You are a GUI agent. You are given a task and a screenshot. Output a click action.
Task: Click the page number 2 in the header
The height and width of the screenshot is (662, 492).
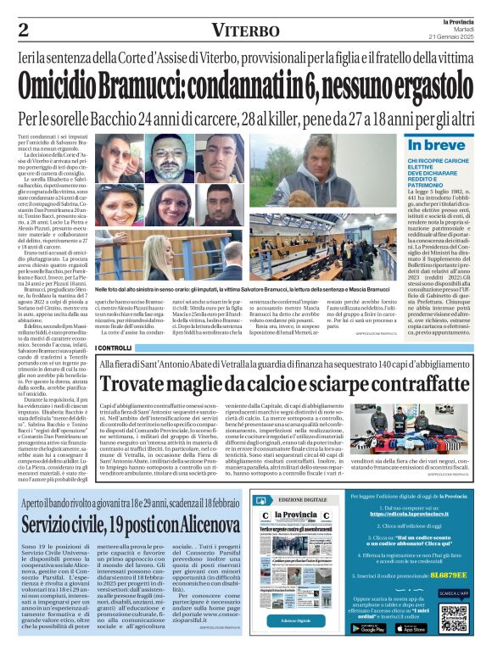click(x=24, y=30)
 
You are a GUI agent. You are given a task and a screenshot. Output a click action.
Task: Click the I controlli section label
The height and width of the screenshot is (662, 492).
click(x=114, y=348)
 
